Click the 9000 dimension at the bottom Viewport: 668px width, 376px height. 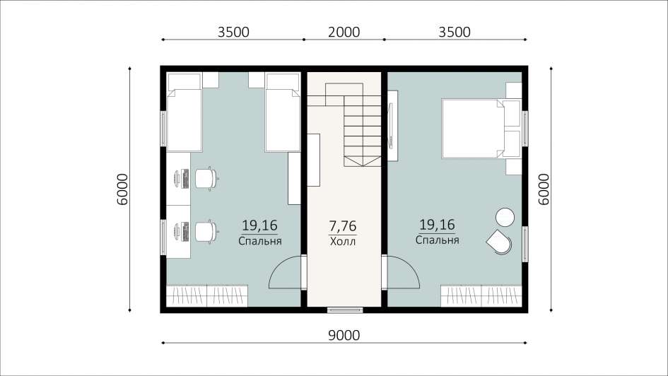[x=344, y=336]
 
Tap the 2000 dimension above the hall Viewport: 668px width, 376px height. [x=344, y=32]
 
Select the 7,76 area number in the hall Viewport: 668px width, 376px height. [x=343, y=225]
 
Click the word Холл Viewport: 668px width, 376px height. [x=343, y=242]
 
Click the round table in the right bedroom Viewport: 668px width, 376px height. [x=505, y=217]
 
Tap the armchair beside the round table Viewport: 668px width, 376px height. [x=500, y=242]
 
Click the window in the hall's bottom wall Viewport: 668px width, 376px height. [x=345, y=310]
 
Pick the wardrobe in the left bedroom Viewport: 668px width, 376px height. [x=207, y=296]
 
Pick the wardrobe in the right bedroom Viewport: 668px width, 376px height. [x=481, y=296]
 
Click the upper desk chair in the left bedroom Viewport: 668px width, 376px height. [x=206, y=178]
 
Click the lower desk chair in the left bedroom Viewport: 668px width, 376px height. [x=206, y=232]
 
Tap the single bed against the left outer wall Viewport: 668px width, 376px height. [x=184, y=112]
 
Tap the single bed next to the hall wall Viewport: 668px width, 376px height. [x=283, y=112]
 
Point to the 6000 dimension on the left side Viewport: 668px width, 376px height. [x=122, y=189]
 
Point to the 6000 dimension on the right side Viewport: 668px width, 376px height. [x=544, y=189]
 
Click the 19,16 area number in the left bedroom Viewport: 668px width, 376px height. [x=259, y=225]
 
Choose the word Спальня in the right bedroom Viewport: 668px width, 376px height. [x=437, y=240]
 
